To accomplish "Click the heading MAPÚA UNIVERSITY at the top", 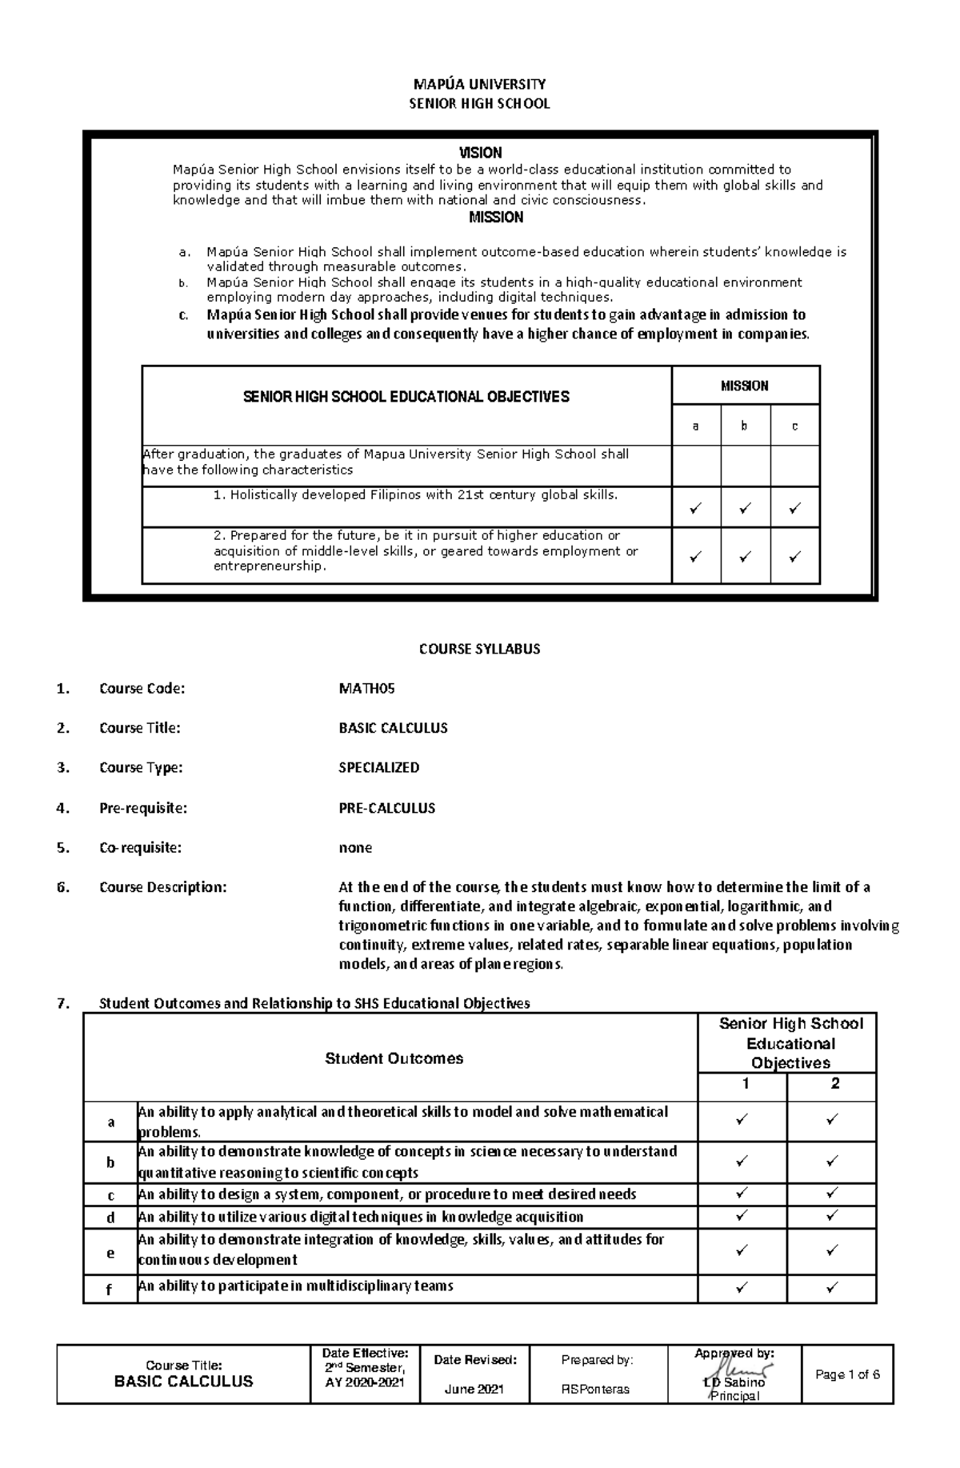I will (x=479, y=84).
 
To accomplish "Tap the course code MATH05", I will (x=367, y=688).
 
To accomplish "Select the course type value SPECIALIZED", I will (x=378, y=767).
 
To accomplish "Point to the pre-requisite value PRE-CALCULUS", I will (x=386, y=808).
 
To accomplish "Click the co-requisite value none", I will (x=355, y=847).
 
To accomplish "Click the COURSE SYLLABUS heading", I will (x=479, y=649).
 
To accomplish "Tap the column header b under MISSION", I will (x=744, y=426).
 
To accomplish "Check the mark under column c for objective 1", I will (x=794, y=508).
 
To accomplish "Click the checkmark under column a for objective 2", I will (x=695, y=556).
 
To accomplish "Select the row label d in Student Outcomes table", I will (x=110, y=1218).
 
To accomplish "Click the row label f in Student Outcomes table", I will (x=110, y=1289).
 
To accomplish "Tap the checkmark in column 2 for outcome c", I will (x=832, y=1194).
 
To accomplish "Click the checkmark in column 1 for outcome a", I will (x=742, y=1121).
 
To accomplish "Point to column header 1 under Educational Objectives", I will (x=744, y=1084).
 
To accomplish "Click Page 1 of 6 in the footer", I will (x=847, y=1374).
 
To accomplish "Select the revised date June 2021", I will (x=474, y=1390).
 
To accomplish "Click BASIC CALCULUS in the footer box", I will (x=183, y=1382).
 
